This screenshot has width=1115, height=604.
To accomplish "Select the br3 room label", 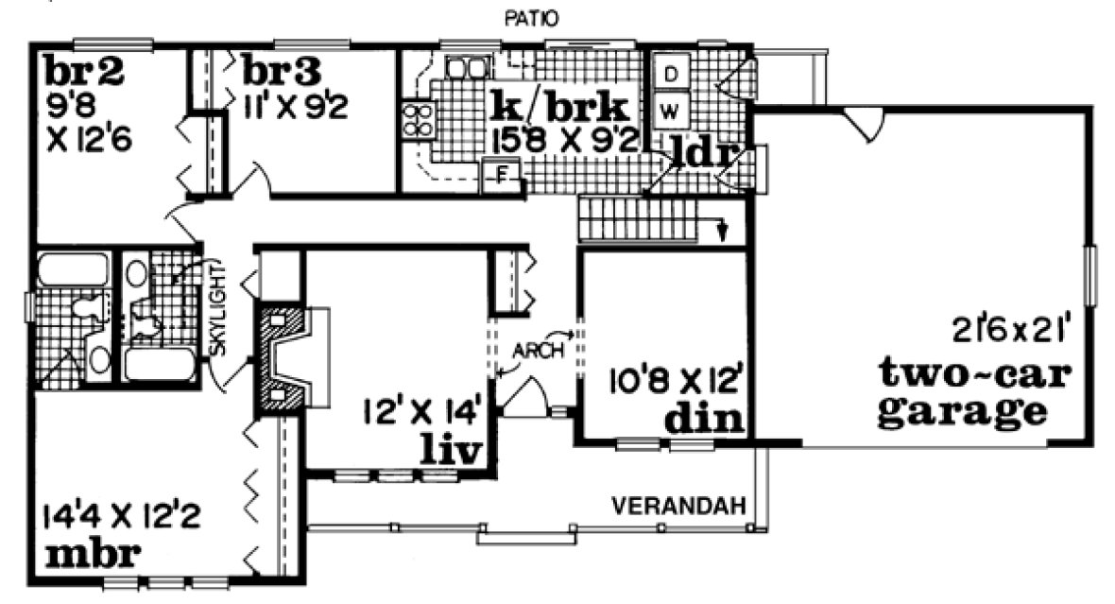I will click(x=282, y=71).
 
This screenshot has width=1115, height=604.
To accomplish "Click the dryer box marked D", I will click(x=669, y=74).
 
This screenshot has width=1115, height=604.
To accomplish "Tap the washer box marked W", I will click(x=669, y=111).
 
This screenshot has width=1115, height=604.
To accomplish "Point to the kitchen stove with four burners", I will click(x=419, y=119).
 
